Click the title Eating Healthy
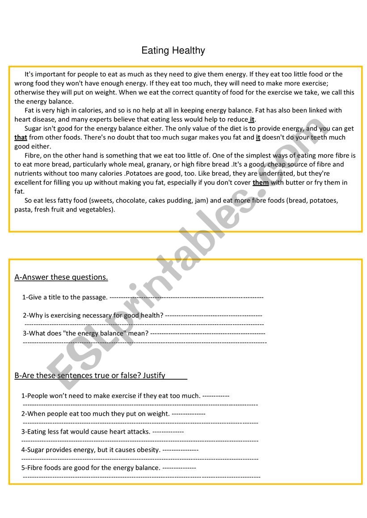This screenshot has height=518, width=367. coord(173,50)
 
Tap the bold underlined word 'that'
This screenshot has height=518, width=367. coord(21,137)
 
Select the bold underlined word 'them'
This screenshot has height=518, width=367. coord(261,182)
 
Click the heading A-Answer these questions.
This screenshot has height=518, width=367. coord(61,277)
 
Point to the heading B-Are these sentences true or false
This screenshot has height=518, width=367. coord(90,375)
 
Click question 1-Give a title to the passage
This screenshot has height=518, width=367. coord(65,297)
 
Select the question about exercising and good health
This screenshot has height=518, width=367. coord(93,315)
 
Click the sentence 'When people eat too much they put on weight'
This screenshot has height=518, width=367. coord(96,414)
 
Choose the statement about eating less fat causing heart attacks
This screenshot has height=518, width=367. coord(86,431)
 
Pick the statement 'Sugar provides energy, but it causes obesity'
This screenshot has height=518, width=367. coord(91,450)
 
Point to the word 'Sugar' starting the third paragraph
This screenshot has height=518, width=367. coord(33,128)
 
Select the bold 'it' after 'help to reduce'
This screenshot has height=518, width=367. coord(252,119)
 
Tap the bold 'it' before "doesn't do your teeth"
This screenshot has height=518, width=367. coord(258,137)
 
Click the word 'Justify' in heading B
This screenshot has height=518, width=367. coord(154,375)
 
